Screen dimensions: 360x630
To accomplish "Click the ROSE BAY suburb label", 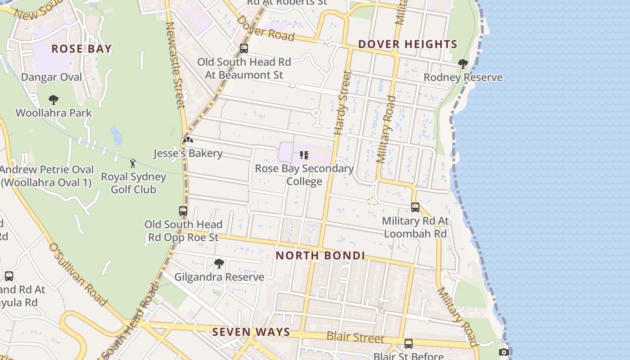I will click(81, 49).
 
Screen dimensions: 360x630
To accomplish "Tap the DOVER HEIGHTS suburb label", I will click(408, 44).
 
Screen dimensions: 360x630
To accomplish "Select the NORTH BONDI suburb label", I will click(320, 256).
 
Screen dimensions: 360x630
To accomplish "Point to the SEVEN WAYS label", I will click(251, 332).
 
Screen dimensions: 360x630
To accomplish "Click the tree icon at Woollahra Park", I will click(54, 100).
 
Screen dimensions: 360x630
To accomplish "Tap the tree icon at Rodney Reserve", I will click(463, 64).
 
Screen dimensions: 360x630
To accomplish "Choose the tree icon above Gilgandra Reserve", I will click(219, 264).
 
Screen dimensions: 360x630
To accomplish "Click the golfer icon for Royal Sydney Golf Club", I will click(133, 163).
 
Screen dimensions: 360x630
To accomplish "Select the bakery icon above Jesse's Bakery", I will click(188, 140).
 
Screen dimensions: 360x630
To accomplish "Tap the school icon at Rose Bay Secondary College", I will click(304, 155).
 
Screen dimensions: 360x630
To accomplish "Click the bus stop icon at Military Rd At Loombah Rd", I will click(415, 207).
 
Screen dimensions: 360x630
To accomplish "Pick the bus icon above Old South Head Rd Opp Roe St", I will click(183, 211).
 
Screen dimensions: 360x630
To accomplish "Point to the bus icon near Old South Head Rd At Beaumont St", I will click(244, 48).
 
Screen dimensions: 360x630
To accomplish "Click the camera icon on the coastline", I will click(504, 352).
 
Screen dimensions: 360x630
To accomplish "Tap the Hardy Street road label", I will click(342, 103).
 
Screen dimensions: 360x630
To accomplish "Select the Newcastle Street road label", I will click(175, 65).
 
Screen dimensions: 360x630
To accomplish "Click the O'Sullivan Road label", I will click(77, 274).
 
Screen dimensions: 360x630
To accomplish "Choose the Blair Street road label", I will click(355, 337).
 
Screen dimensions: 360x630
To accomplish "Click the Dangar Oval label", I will click(52, 77).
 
